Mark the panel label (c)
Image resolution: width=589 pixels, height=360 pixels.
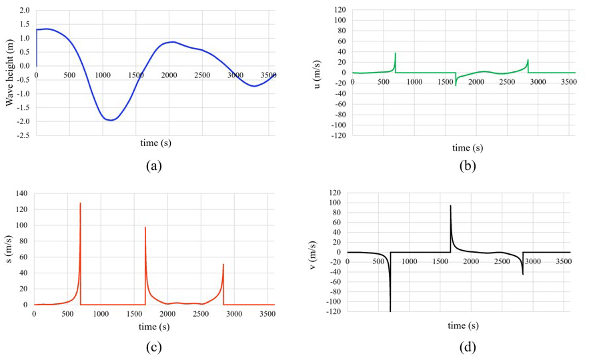click(153, 347)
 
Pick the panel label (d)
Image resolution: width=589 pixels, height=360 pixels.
click(467, 347)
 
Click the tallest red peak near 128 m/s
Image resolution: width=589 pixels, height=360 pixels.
click(80, 203)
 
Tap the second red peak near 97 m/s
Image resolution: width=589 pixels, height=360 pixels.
click(145, 228)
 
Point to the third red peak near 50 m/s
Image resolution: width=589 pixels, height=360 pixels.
click(223, 265)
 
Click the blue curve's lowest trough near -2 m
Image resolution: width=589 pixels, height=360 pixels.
click(111, 120)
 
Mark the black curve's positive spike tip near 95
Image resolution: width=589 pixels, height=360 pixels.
click(450, 205)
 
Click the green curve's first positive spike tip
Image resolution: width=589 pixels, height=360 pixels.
click(395, 53)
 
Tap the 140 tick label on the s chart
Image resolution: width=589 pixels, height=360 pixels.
click(20, 193)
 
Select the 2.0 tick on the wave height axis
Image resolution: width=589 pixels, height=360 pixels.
click(23, 11)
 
